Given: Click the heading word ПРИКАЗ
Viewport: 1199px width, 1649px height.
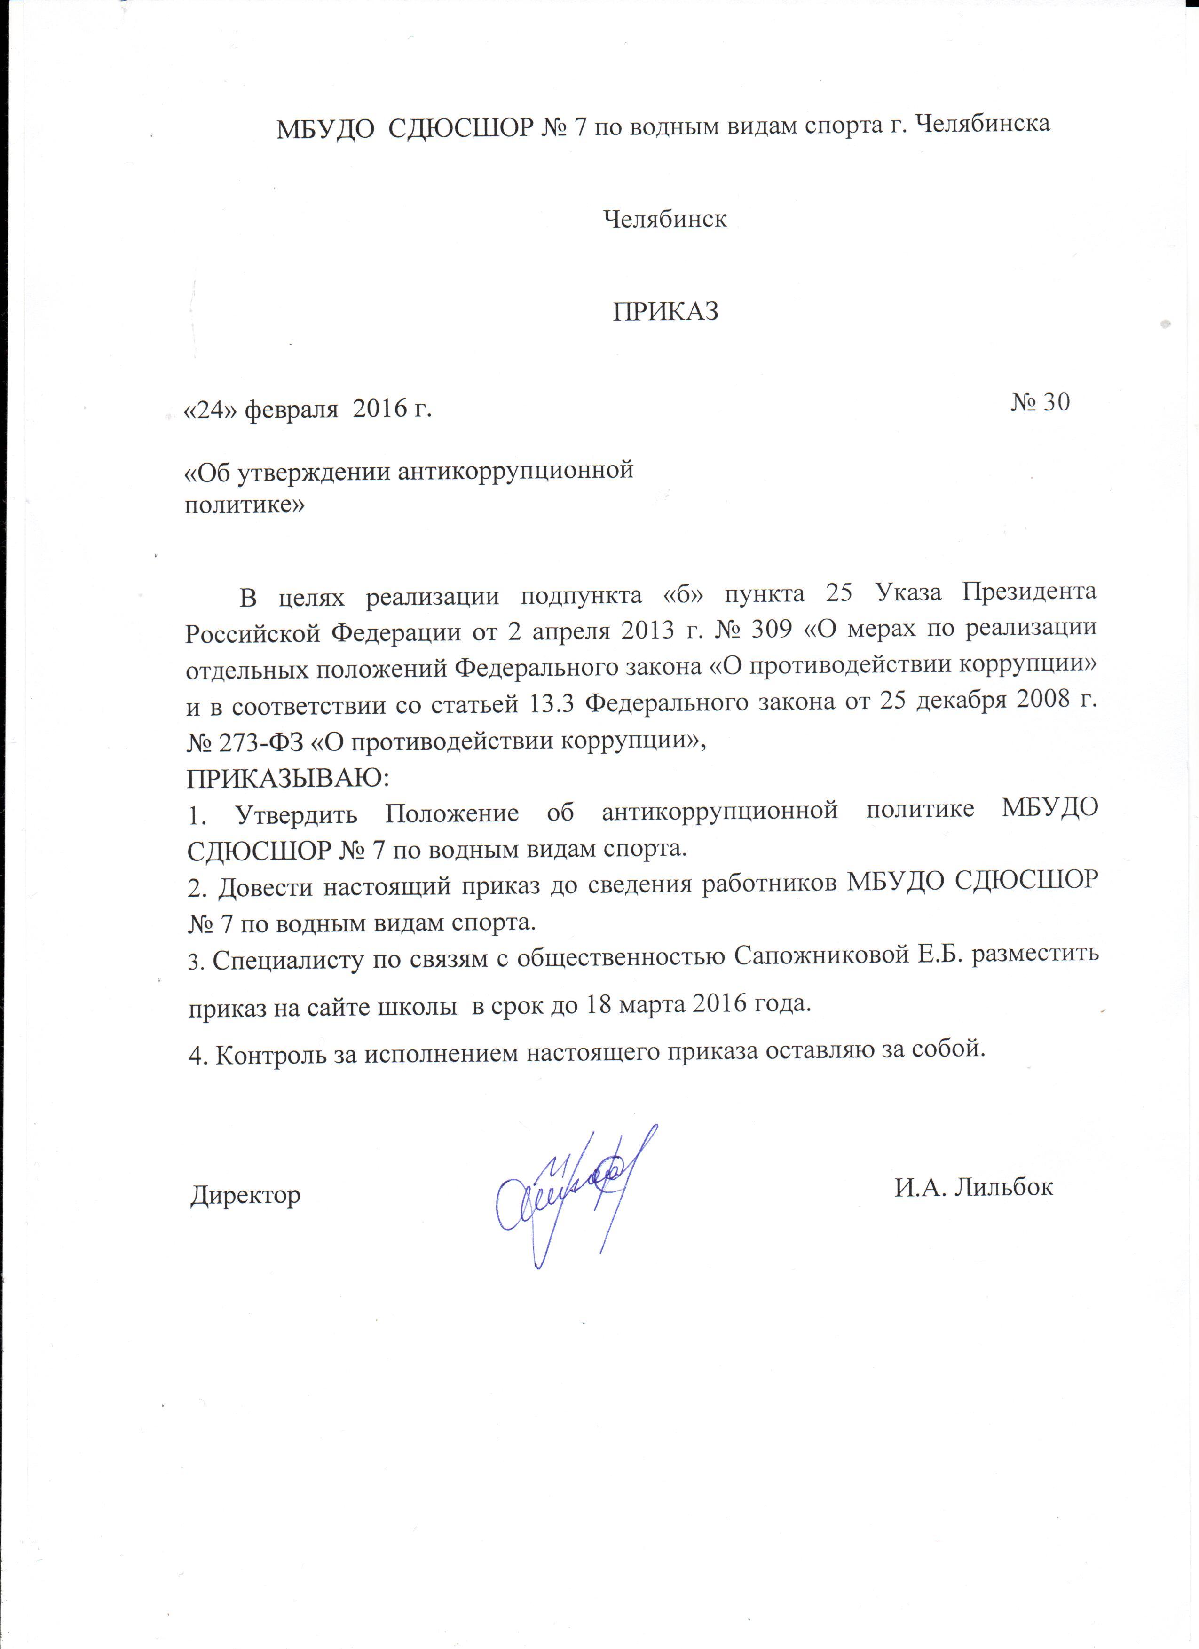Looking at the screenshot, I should point(665,312).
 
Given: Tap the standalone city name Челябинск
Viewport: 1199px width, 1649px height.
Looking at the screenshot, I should point(665,218).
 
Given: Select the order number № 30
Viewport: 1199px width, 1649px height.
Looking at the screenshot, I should point(1040,402).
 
